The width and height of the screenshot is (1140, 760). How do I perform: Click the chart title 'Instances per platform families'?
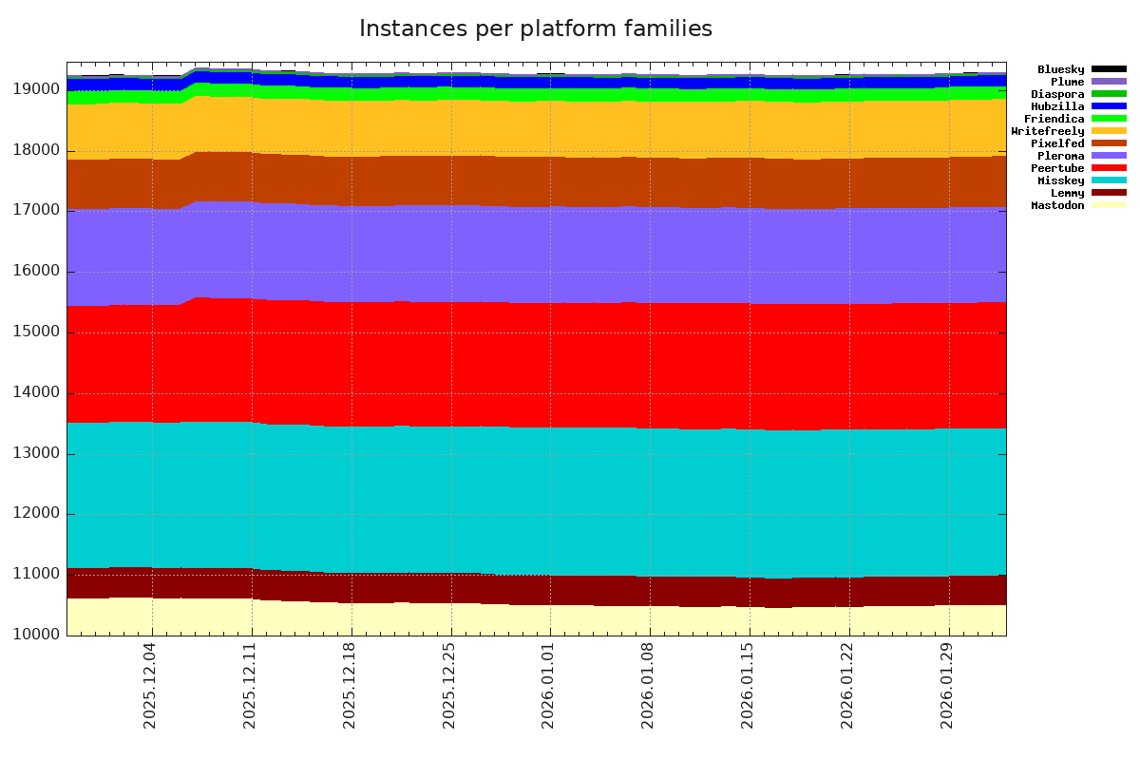tap(536, 29)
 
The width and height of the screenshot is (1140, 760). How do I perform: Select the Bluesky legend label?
tap(1060, 69)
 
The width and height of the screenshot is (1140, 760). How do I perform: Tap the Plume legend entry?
tap(1067, 82)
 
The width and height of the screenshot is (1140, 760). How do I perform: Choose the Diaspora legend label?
tap(1057, 94)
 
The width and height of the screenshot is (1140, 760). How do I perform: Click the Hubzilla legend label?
tap(1057, 106)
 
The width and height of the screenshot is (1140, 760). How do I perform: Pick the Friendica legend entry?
tap(1054, 119)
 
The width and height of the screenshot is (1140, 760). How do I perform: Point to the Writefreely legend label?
tap(1047, 131)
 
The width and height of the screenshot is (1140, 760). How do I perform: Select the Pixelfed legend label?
tap(1057, 143)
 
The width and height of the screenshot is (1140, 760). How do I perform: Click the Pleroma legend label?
tap(1060, 156)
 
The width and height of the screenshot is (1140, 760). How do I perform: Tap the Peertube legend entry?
tap(1057, 168)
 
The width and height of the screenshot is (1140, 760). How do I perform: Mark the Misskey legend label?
tap(1060, 180)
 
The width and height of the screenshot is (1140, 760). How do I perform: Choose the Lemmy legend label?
tap(1067, 193)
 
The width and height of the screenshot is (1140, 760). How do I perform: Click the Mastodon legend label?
tap(1057, 205)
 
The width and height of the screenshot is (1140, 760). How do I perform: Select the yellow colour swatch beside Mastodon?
tap(1109, 205)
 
